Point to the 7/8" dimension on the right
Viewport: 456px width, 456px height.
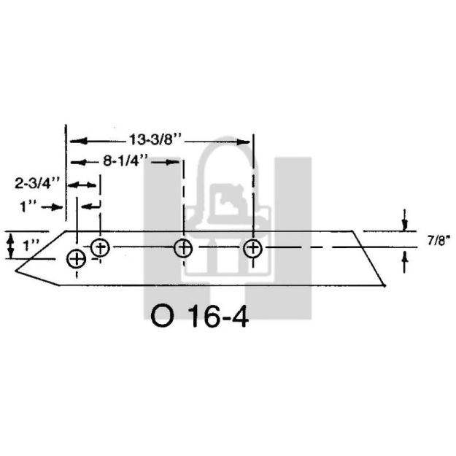point(438,239)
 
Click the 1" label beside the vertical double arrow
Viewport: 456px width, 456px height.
point(31,246)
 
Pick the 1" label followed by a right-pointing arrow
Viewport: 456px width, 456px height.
point(29,207)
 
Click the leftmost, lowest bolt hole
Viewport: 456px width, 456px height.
point(76,258)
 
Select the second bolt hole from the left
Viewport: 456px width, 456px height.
point(101,247)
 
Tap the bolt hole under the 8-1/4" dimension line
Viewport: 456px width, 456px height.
point(183,248)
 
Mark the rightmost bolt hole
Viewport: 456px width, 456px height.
point(252,248)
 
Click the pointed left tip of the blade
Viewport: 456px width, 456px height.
point(16,269)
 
